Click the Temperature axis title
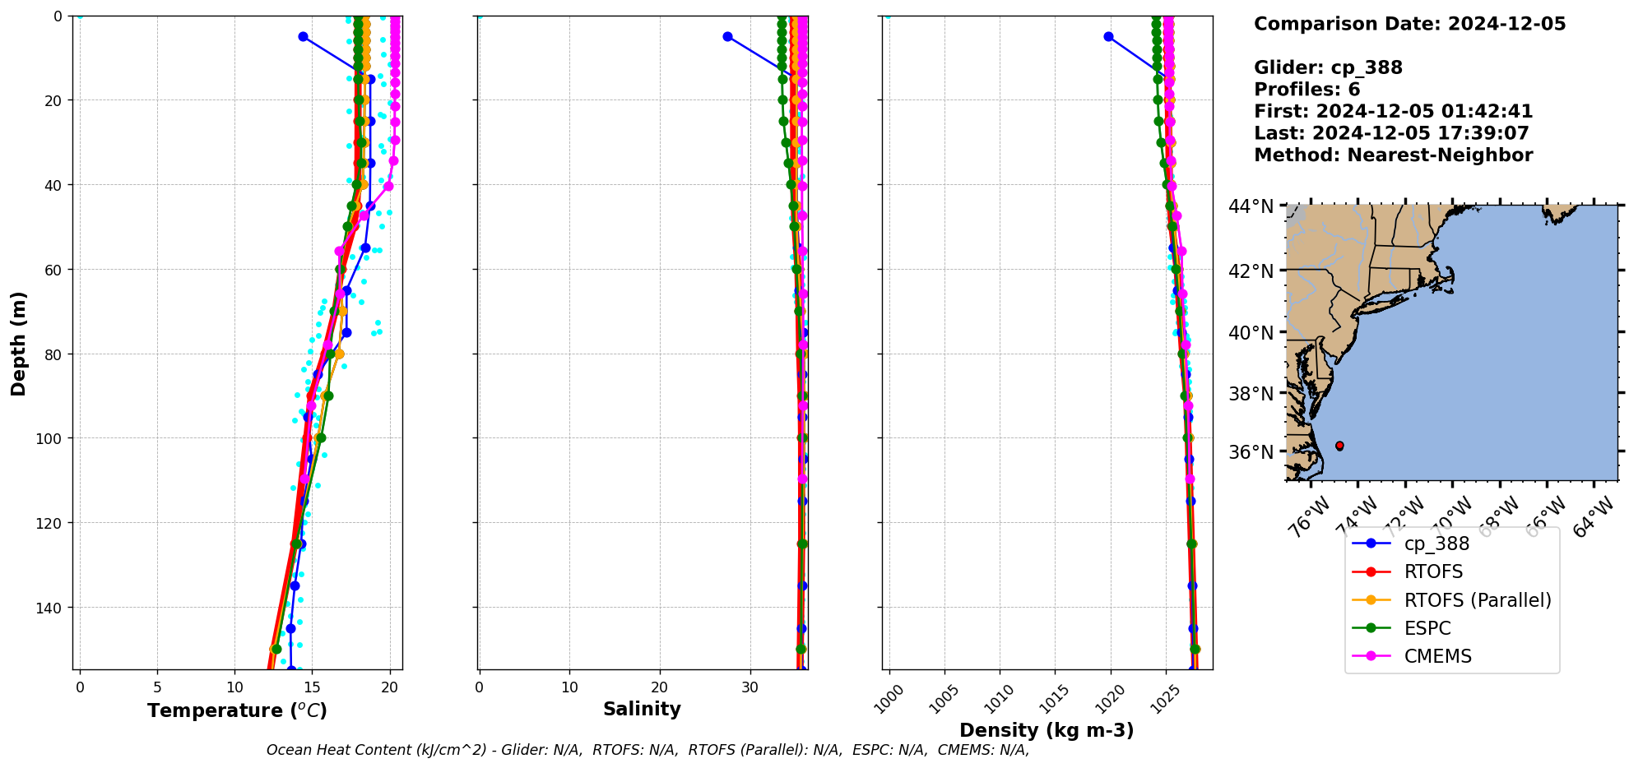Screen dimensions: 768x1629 click(x=237, y=710)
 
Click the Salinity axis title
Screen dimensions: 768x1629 click(x=642, y=709)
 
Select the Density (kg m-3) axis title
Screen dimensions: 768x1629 click(x=1047, y=730)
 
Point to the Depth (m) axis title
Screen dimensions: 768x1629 click(x=18, y=344)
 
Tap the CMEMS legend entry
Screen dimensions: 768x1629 click(x=1437, y=656)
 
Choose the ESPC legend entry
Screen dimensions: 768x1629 click(x=1427, y=628)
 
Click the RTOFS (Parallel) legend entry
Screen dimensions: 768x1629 click(x=1477, y=600)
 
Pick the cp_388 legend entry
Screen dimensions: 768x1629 click(x=1436, y=544)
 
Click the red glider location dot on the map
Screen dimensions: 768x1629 click(x=1339, y=446)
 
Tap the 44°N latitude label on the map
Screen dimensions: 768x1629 click(x=1251, y=206)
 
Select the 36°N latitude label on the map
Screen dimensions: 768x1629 click(x=1251, y=452)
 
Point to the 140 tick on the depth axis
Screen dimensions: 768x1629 click(x=51, y=608)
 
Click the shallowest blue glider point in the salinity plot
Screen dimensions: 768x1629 click(x=727, y=36)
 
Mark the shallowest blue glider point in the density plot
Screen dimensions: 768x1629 click(x=1108, y=36)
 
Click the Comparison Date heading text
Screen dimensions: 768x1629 click(x=1409, y=24)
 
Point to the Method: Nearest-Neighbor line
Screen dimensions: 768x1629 click(x=1393, y=155)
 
